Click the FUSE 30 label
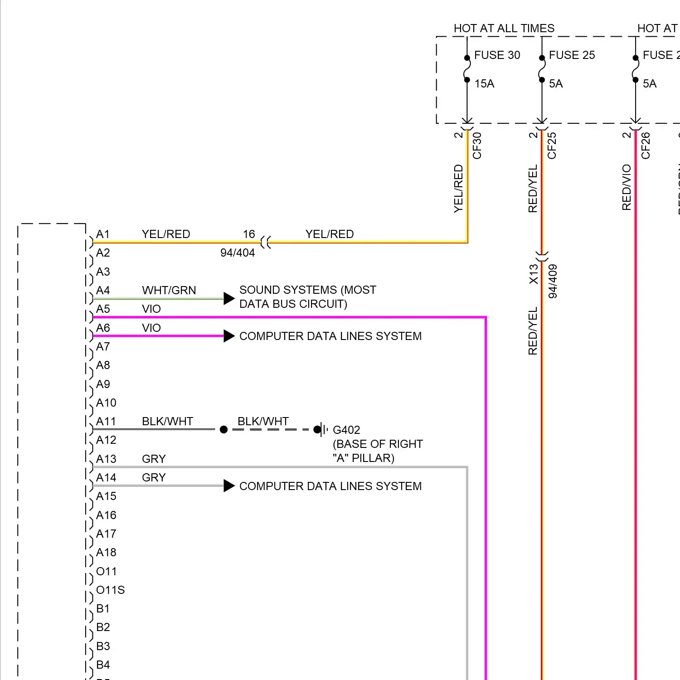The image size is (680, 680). click(x=497, y=55)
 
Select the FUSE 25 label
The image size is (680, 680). click(x=572, y=55)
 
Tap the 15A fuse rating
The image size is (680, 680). click(x=484, y=84)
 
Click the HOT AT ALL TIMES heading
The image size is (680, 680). click(x=504, y=29)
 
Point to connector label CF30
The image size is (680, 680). click(x=477, y=146)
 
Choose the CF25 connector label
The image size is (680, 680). click(x=552, y=146)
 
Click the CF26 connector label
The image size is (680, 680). click(x=646, y=146)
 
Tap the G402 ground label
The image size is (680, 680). click(x=346, y=430)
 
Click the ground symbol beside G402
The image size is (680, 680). click(x=323, y=429)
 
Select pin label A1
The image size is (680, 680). click(x=103, y=234)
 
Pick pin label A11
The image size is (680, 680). click(x=106, y=422)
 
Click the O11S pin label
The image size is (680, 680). click(x=110, y=590)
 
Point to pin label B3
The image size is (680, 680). click(x=103, y=646)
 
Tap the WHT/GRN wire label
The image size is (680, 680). click(x=169, y=290)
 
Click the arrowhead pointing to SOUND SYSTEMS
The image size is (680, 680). click(x=229, y=298)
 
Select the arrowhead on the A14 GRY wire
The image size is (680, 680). click(x=229, y=486)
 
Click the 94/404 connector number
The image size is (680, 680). click(x=238, y=253)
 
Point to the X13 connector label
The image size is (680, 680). click(x=534, y=274)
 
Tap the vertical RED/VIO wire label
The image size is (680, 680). click(x=627, y=187)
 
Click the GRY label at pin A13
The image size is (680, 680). click(x=154, y=459)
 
